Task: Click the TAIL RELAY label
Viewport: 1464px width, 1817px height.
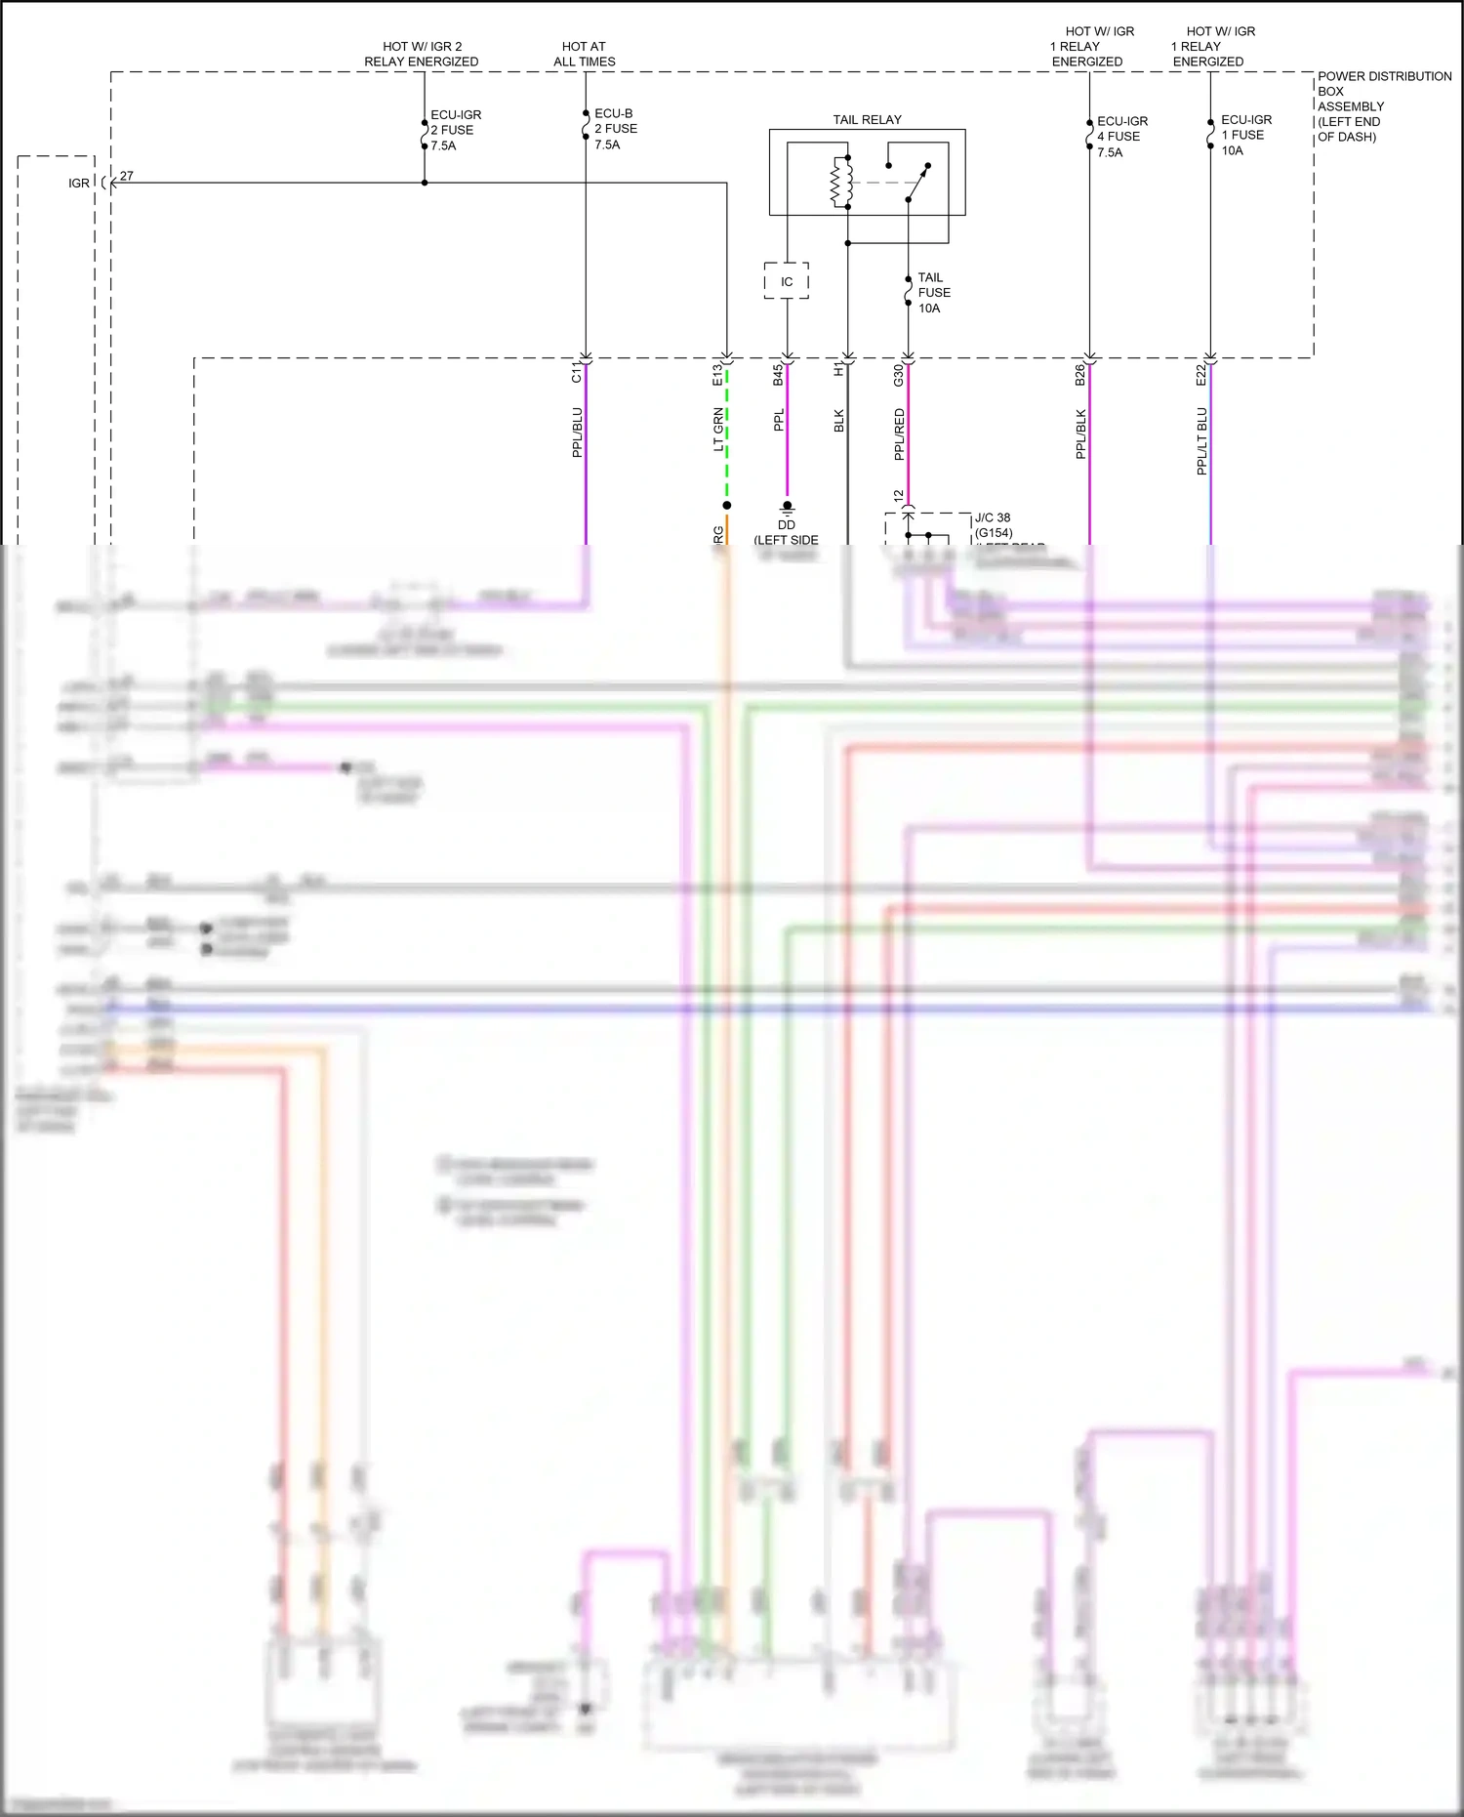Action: click(867, 120)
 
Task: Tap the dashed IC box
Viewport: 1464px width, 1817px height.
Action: click(787, 281)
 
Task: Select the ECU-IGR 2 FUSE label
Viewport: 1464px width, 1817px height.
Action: click(456, 130)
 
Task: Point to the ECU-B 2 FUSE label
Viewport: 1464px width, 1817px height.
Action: click(616, 129)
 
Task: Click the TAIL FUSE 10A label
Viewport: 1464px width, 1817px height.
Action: click(933, 293)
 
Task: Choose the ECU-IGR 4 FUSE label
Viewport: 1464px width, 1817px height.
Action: click(1121, 137)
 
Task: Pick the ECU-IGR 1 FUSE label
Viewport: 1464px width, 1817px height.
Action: click(1245, 135)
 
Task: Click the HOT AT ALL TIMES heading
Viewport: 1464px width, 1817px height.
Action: click(584, 54)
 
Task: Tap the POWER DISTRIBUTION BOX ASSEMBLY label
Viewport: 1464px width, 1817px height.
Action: click(1383, 106)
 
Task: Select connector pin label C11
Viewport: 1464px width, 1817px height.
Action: click(576, 374)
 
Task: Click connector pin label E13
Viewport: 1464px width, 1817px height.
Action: click(717, 375)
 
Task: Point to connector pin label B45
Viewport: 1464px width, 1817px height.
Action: click(778, 376)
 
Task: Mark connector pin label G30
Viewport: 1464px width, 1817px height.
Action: click(898, 376)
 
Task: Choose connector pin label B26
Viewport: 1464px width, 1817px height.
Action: click(1079, 376)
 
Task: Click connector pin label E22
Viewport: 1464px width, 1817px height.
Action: click(1200, 376)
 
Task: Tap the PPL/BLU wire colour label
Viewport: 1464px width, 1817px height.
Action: click(577, 433)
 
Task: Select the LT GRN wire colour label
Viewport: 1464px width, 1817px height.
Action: click(718, 431)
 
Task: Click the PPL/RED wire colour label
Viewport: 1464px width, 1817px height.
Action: click(899, 434)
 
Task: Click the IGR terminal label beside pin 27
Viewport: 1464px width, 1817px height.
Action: click(79, 184)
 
